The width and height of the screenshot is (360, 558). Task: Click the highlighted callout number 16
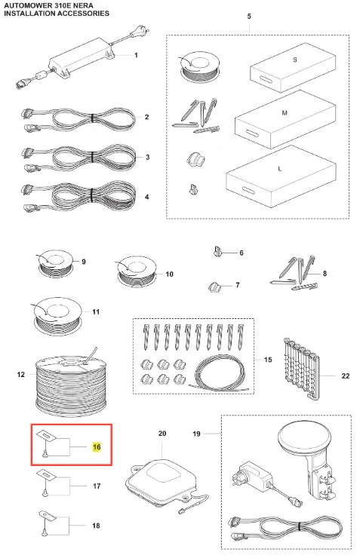tap(97, 446)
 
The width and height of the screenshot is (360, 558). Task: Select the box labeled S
tap(293, 68)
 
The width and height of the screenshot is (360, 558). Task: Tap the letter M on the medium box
tap(285, 113)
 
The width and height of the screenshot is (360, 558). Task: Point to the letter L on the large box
tap(279, 168)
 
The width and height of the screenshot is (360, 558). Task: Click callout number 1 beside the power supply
tap(136, 55)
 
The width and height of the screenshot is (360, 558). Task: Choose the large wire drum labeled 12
tap(71, 380)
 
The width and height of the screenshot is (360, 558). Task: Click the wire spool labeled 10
tap(137, 271)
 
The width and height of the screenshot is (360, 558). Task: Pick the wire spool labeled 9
tap(55, 264)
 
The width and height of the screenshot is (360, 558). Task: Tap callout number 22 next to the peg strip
tap(346, 376)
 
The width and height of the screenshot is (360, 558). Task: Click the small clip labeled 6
tap(217, 252)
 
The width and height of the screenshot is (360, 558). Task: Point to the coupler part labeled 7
tap(214, 287)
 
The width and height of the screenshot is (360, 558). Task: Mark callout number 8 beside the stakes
tap(325, 273)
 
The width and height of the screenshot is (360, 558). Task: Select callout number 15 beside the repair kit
tap(268, 360)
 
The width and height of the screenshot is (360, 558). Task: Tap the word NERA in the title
tap(83, 6)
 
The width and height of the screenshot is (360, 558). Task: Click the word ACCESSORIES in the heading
tap(79, 13)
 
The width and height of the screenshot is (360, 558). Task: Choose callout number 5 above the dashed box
tap(249, 17)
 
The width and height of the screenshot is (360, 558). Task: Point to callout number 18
tap(96, 526)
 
